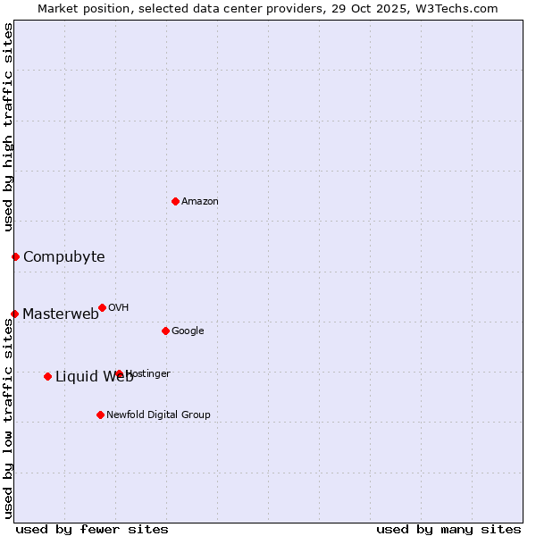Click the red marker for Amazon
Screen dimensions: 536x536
click(175, 201)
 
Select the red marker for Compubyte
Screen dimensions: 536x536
click(15, 257)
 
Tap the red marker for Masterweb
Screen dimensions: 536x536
click(14, 314)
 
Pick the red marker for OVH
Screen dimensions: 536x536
click(102, 307)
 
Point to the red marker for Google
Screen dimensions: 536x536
click(165, 331)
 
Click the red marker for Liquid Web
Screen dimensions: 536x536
click(47, 376)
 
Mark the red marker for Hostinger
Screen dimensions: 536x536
click(119, 373)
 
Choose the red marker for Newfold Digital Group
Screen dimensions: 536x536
click(100, 415)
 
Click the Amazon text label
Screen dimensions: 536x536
click(200, 202)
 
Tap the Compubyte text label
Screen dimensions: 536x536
click(63, 257)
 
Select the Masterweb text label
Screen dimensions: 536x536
click(61, 314)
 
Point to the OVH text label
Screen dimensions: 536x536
click(119, 308)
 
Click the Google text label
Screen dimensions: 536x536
click(188, 331)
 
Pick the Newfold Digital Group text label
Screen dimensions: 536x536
click(158, 415)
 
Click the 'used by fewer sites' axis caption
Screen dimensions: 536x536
click(92, 529)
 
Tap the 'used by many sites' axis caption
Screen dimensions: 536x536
click(448, 529)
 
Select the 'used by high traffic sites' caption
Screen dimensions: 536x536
click(8, 128)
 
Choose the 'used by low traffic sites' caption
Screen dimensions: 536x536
click(8, 418)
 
